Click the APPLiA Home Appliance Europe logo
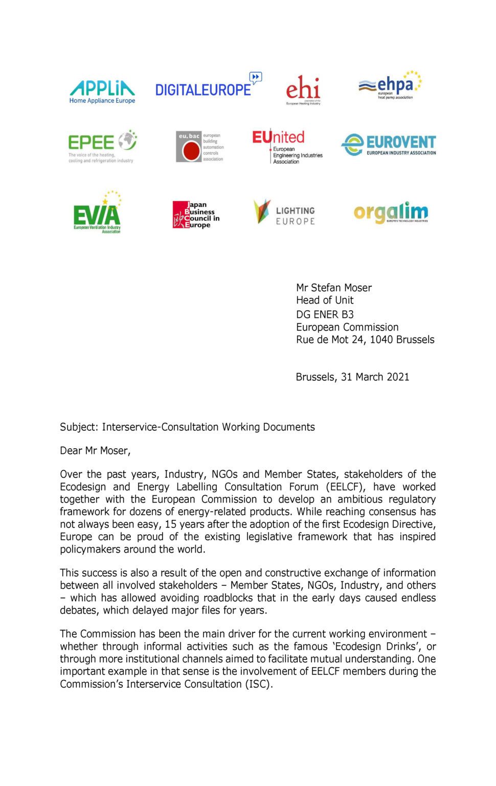pyautogui.click(x=102, y=92)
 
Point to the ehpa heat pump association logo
pyautogui.click(x=390, y=85)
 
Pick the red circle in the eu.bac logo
pyautogui.click(x=191, y=151)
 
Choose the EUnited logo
pyautogui.click(x=287, y=146)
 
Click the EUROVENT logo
pyautogui.click(x=389, y=145)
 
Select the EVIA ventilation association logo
pyautogui.click(x=97, y=213)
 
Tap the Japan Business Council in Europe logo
pyautogui.click(x=196, y=214)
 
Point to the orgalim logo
pyautogui.click(x=391, y=212)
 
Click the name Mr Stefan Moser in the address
pyautogui.click(x=334, y=288)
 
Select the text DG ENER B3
pyautogui.click(x=325, y=314)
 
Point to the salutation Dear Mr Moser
pyautogui.click(x=95, y=451)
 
